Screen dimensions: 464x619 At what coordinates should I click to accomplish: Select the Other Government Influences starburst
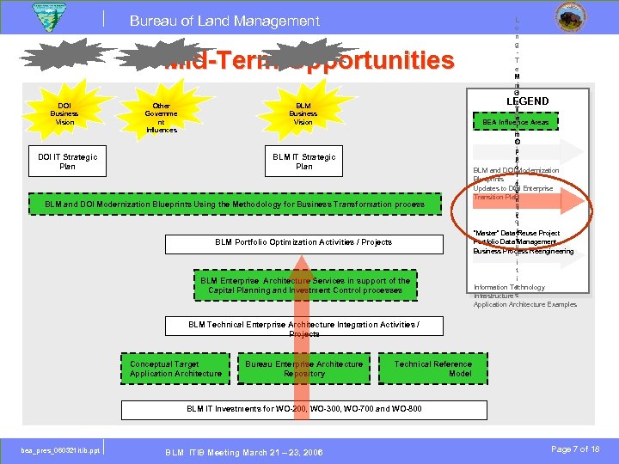[161, 118]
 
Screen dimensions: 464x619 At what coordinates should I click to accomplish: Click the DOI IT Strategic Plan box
[68, 162]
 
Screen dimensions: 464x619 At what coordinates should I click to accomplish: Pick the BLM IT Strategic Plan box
[304, 162]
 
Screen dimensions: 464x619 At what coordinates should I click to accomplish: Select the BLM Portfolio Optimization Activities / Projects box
[303, 242]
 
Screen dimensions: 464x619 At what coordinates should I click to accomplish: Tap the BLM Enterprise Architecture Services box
[305, 285]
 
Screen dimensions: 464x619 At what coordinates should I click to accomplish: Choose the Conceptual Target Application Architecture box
[175, 369]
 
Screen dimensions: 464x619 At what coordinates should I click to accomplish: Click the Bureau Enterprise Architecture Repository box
[304, 369]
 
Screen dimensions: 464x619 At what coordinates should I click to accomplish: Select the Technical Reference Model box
[432, 369]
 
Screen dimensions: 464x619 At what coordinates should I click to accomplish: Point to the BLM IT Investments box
[304, 408]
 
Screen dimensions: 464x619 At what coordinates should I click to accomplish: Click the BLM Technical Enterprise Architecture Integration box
[304, 328]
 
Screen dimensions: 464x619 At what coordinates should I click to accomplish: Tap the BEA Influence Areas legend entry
[516, 123]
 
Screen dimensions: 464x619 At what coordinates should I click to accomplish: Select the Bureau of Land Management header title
[224, 21]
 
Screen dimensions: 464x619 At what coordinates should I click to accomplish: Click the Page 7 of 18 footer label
[573, 449]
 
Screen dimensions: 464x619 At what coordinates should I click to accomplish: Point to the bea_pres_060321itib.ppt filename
[61, 449]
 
